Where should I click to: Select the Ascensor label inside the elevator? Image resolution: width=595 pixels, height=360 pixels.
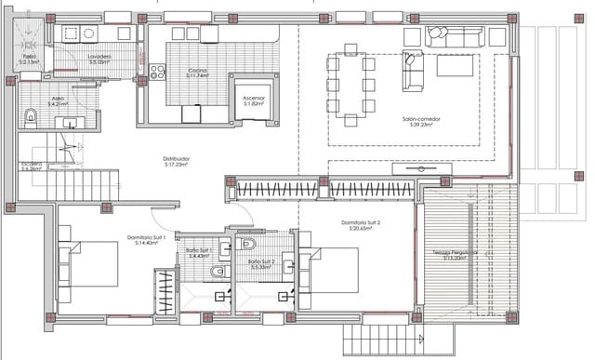coord(253,99)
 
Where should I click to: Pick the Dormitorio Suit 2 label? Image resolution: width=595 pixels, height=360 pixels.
coord(362,224)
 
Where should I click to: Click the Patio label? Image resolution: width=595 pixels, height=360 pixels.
coord(29,59)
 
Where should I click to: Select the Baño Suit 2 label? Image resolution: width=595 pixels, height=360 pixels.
coord(262,262)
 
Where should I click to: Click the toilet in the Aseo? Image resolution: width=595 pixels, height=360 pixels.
coord(31,116)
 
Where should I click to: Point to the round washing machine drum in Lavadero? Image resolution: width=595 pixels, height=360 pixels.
coord(89,33)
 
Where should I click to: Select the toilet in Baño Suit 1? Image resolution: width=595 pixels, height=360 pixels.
coord(217,272)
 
